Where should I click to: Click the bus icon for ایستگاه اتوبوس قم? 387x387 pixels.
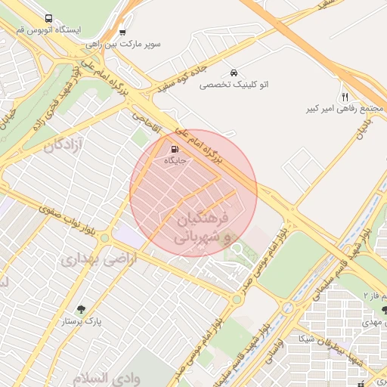(x=49, y=18)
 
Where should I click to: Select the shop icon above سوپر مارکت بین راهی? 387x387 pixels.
(x=122, y=33)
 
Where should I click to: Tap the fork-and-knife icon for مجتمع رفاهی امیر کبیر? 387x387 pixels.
(x=345, y=97)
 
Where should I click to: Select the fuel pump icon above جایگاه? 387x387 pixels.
(x=175, y=148)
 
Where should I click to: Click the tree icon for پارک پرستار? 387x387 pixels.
(x=82, y=308)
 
